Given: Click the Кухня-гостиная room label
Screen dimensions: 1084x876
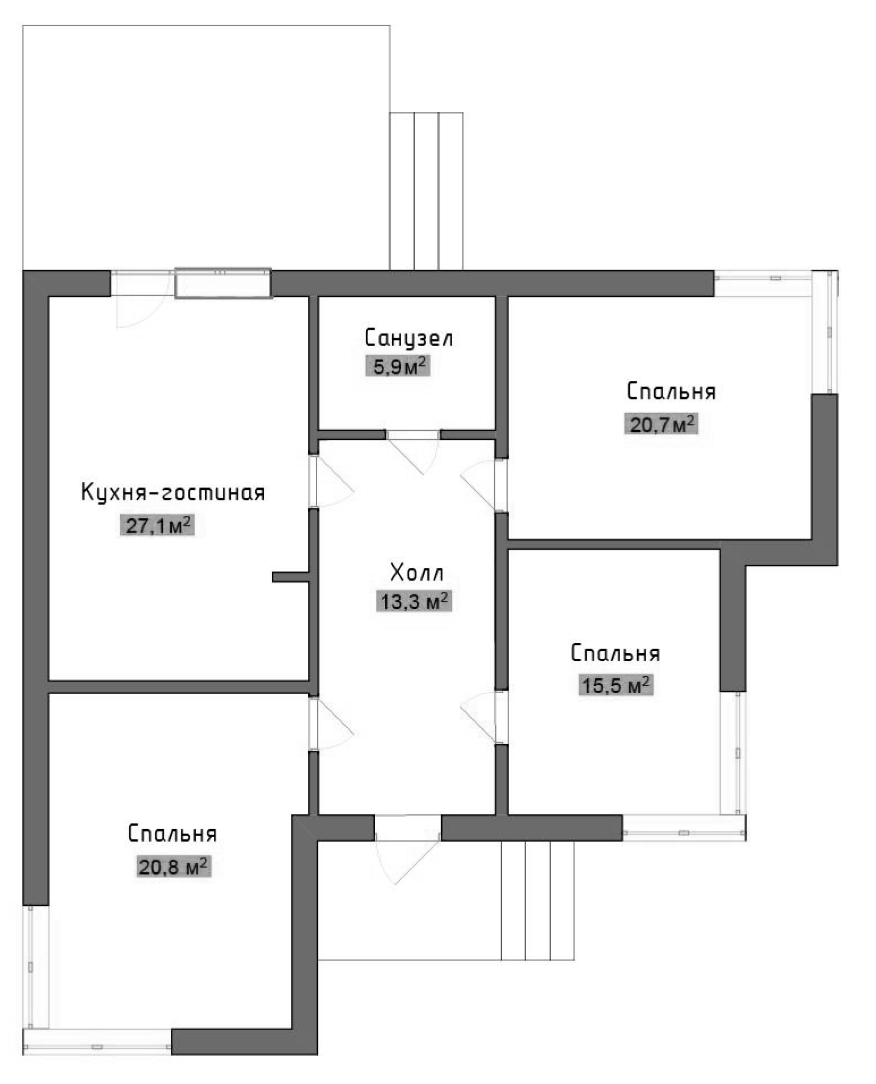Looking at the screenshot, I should pyautogui.click(x=173, y=493).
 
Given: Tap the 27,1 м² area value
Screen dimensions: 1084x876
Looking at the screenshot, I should pyautogui.click(x=157, y=526).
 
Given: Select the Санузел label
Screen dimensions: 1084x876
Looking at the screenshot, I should pyautogui.click(x=408, y=338).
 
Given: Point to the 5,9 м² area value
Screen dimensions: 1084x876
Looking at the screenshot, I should pyautogui.click(x=398, y=367).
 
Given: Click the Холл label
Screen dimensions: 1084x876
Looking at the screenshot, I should pyautogui.click(x=416, y=573).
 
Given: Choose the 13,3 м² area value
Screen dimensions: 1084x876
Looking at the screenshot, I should pyautogui.click(x=414, y=601).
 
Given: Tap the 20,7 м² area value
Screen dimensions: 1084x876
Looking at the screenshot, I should pyautogui.click(x=661, y=424).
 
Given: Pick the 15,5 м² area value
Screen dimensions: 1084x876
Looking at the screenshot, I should pyautogui.click(x=616, y=686).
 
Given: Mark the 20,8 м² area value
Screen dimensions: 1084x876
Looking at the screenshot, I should pyautogui.click(x=173, y=867).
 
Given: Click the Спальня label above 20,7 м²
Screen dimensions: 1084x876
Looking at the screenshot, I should pyautogui.click(x=671, y=392).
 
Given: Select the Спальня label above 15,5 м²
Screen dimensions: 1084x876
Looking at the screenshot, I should pyautogui.click(x=616, y=653).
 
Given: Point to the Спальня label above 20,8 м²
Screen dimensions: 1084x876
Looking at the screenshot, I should pyautogui.click(x=172, y=834).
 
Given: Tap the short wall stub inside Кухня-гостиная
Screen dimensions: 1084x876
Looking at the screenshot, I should pyautogui.click(x=290, y=577).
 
